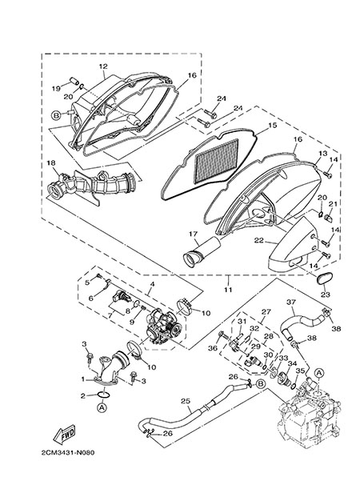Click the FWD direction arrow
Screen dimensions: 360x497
coord(64,434)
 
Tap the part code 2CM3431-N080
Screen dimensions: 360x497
coord(68,452)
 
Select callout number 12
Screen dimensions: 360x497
coord(103,66)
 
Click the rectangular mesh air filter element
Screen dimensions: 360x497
coord(217,161)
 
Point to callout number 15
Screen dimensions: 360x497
coord(272,125)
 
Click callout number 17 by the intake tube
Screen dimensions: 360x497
coord(194,234)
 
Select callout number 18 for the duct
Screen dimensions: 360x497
coord(51,163)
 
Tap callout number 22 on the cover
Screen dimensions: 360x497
coord(258,241)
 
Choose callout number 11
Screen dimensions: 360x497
coord(228,290)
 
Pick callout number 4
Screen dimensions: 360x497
coord(152,284)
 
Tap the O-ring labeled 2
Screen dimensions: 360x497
coord(103,395)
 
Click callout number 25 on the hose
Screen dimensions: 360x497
coord(186,401)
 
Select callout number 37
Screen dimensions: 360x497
coord(291,302)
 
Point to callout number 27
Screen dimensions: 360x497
coord(266,311)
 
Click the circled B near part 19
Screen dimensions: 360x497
coord(56,116)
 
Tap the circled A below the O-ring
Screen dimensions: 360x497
coord(102,407)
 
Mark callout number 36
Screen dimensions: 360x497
coord(213,348)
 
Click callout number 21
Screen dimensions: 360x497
coord(333,203)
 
